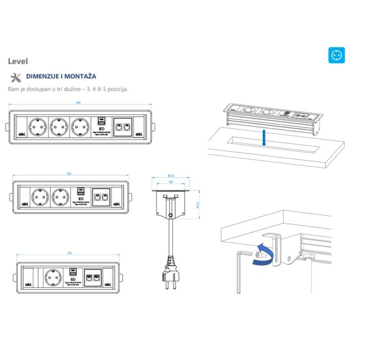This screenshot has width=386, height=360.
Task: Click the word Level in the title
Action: [18, 61]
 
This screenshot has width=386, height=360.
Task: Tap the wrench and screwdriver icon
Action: [16, 77]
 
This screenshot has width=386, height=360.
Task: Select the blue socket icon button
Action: [336, 55]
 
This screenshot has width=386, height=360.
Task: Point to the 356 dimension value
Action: [78, 103]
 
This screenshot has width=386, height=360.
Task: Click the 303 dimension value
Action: [69, 174]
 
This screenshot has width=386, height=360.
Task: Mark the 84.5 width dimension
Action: [170, 176]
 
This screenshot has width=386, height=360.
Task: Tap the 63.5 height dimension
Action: [198, 205]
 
